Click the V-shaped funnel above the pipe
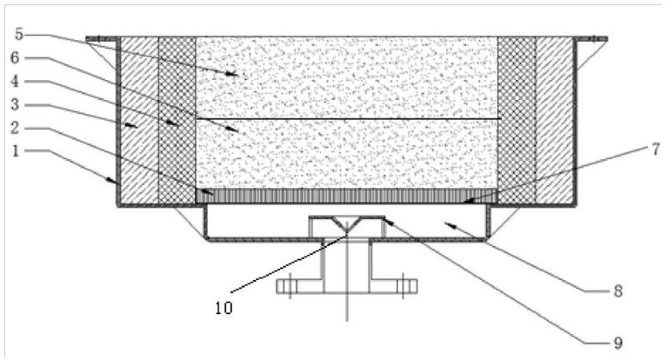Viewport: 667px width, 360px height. click(x=346, y=224)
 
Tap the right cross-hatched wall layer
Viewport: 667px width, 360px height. click(x=517, y=117)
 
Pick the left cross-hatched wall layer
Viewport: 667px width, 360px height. click(x=177, y=117)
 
